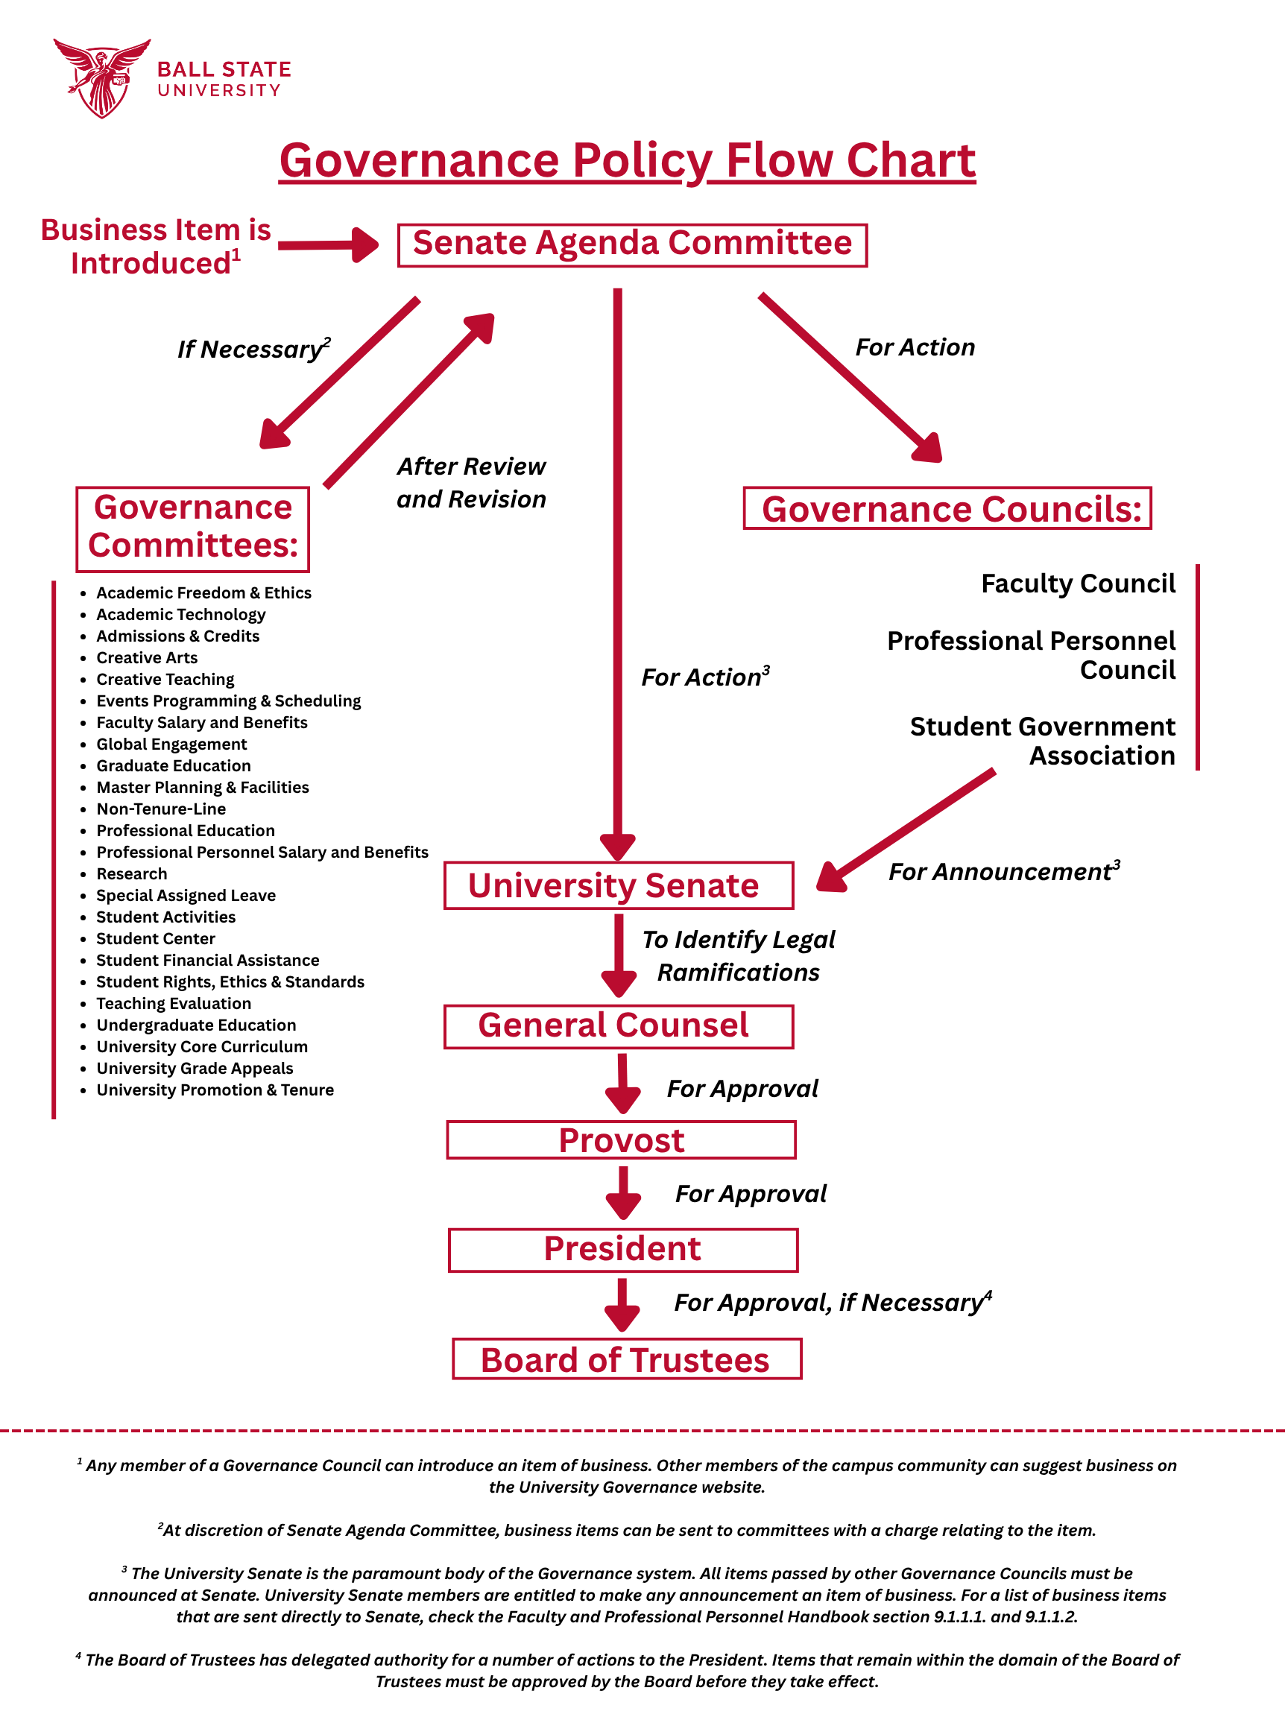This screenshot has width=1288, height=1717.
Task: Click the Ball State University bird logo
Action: pos(101,78)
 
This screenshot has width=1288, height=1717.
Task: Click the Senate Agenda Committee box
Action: pos(632,245)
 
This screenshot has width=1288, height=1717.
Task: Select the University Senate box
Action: pos(618,885)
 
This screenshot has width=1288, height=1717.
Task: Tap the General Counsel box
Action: pos(618,1026)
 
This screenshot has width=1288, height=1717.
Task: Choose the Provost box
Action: pos(621,1139)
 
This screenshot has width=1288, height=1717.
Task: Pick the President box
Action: pos(622,1249)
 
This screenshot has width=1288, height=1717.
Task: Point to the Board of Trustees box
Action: pos(627,1359)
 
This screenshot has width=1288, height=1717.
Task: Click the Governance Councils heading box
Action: pos(947,509)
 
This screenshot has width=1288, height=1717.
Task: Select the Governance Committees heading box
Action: pos(192,528)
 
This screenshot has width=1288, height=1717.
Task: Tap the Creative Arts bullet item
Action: pos(147,657)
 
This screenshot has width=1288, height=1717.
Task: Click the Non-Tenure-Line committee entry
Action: pos(161,809)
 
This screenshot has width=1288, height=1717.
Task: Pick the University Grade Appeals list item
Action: pos(194,1068)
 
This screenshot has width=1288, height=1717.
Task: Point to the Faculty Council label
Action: pos(1078,584)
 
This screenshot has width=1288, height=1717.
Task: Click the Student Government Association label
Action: pos(1042,741)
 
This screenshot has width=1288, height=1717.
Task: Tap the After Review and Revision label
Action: pos(471,482)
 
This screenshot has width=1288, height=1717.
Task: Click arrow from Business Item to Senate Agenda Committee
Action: pos(328,245)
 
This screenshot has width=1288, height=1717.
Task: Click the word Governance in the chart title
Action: pos(419,161)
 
